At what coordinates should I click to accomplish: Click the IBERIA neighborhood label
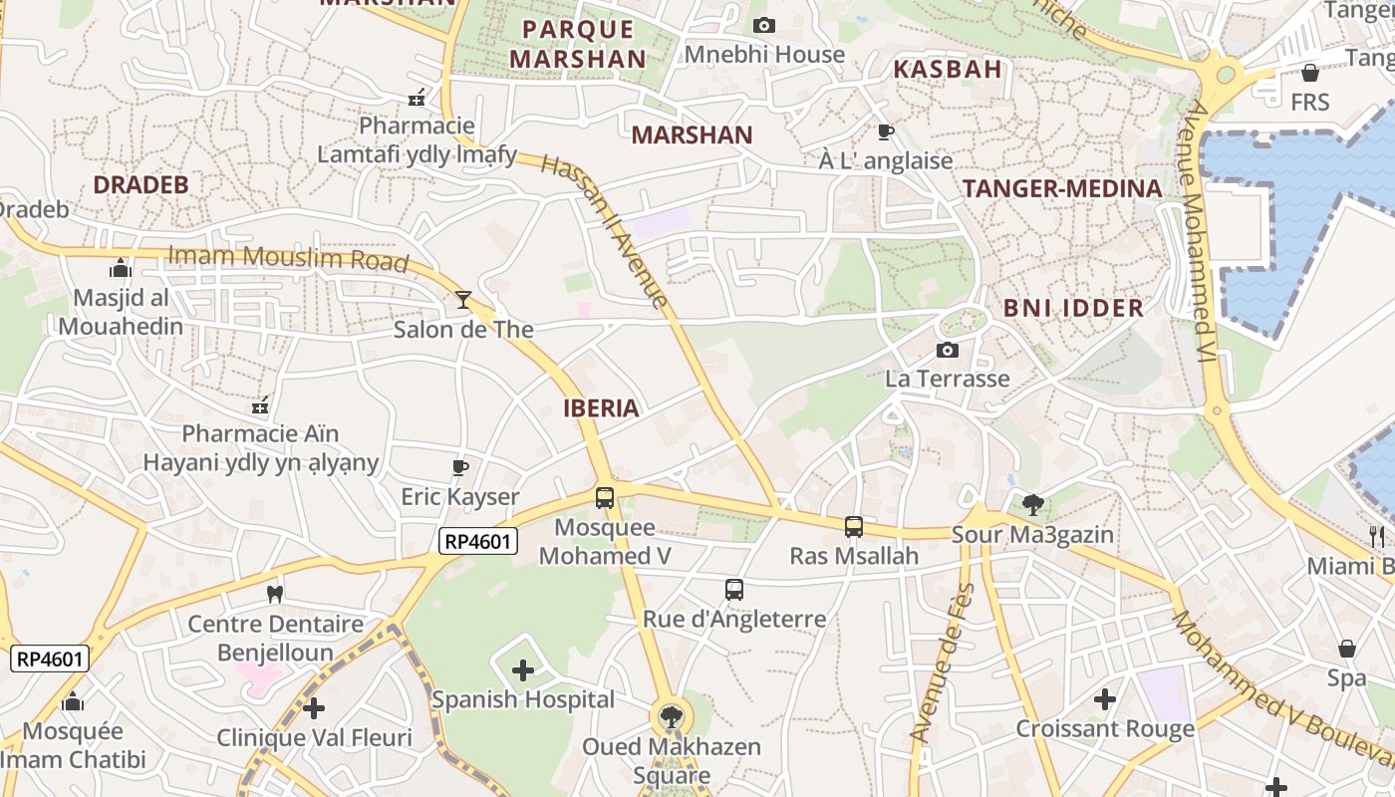point(601,407)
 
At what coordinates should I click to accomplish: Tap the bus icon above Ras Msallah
point(853,526)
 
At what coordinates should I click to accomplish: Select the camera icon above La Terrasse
point(948,350)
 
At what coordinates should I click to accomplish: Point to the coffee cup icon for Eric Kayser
point(459,467)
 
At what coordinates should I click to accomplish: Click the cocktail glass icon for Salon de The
point(463,299)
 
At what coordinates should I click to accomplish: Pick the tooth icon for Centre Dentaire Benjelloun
point(275,595)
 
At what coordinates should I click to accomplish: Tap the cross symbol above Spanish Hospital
point(523,670)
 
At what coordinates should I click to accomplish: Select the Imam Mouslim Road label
point(288,258)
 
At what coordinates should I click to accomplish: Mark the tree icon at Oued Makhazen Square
point(672,716)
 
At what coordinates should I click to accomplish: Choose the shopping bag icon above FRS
point(1310,73)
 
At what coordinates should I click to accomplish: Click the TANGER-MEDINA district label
point(1062,188)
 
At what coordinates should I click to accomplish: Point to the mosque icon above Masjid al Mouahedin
point(120,268)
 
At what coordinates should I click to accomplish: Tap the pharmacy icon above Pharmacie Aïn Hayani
point(260,405)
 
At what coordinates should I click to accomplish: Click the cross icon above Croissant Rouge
point(1104,699)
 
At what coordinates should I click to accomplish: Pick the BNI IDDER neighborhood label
point(1073,308)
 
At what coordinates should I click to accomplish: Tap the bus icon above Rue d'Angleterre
point(734,589)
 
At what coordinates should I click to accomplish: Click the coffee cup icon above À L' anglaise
point(885,132)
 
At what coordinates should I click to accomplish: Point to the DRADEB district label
point(140,184)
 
